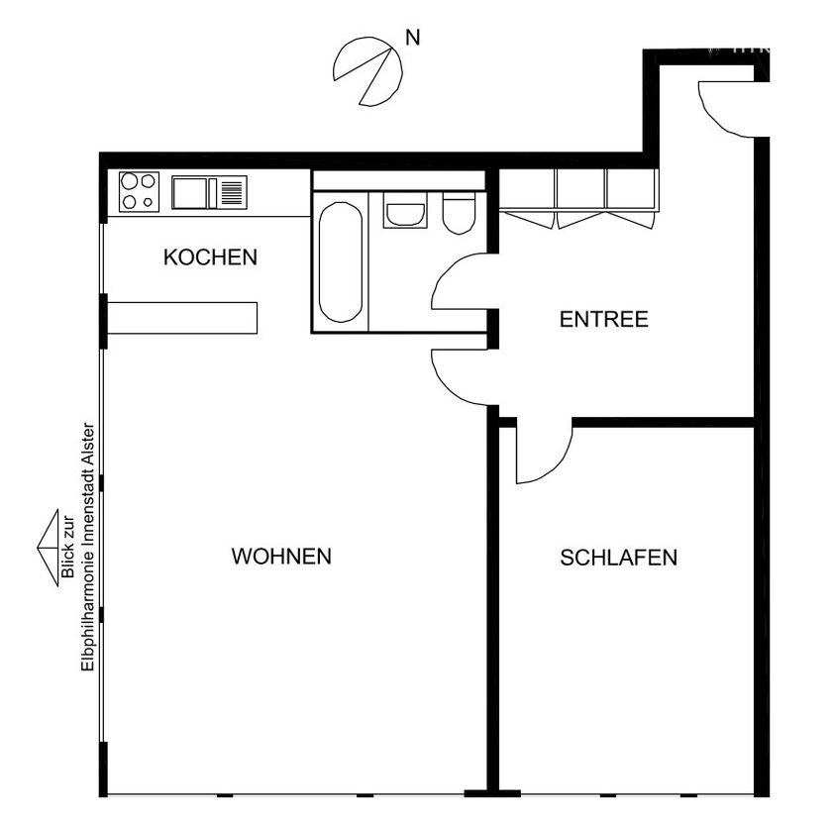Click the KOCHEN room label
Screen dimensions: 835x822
click(x=210, y=257)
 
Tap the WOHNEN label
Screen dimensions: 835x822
click(x=281, y=557)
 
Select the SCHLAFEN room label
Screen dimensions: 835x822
click(x=619, y=558)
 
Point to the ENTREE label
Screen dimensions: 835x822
click(x=604, y=320)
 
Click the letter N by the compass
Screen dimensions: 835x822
click(x=413, y=38)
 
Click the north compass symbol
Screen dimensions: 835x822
click(x=368, y=71)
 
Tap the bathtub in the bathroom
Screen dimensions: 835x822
click(x=341, y=261)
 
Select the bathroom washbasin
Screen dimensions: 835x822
click(x=405, y=211)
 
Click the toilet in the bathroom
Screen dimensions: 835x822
click(x=459, y=213)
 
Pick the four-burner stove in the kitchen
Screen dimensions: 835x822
click(x=139, y=192)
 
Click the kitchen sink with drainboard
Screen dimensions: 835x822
click(x=209, y=193)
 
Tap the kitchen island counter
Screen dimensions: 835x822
click(x=182, y=318)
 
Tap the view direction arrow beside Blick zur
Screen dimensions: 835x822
click(x=48, y=548)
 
